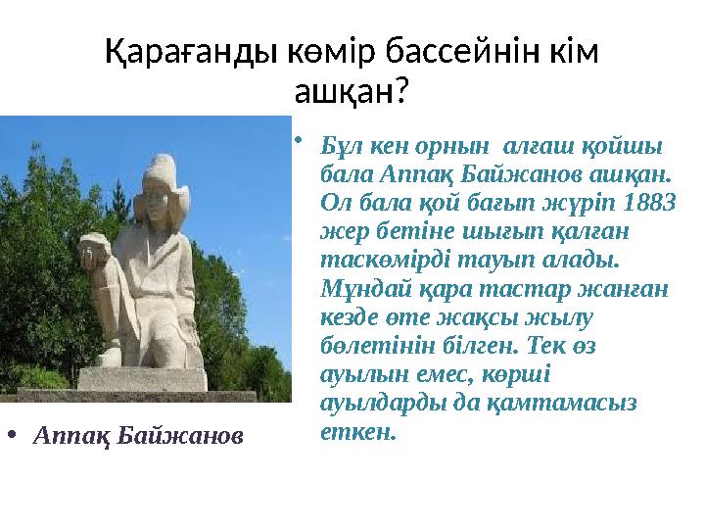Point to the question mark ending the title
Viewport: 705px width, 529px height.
(400, 92)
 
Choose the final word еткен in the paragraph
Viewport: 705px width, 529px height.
(357, 431)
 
